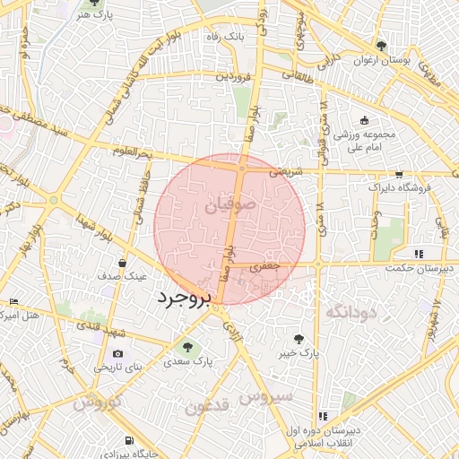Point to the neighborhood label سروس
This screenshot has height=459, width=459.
click(266, 395)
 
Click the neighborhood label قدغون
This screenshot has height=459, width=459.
click(208, 407)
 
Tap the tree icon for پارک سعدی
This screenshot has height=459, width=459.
click(187, 347)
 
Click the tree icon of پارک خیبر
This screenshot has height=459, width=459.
click(299, 338)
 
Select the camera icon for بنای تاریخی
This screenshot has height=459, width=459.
click(117, 353)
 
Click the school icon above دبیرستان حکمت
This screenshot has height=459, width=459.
click(419, 254)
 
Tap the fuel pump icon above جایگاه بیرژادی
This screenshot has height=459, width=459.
click(131, 439)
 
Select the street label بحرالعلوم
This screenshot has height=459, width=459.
click(131, 152)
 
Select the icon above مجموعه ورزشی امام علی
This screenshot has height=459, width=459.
click(364, 121)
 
